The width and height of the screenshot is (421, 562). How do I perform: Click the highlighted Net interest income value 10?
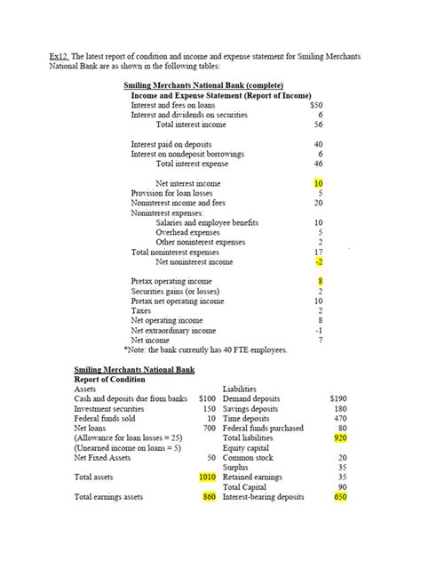(x=319, y=184)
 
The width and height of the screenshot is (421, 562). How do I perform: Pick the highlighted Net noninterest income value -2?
(x=318, y=262)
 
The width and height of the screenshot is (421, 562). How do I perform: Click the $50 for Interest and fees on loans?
(x=316, y=105)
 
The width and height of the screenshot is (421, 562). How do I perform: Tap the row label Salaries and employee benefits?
(x=207, y=222)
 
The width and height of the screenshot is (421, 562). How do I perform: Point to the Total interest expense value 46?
(x=318, y=164)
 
